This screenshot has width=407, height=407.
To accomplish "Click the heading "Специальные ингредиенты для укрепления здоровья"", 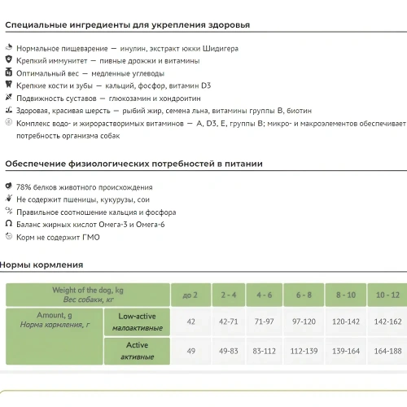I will (128, 25).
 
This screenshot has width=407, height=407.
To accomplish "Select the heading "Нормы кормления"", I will (42, 265).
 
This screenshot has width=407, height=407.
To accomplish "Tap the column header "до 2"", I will (190, 295).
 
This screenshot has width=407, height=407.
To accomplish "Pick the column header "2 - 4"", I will (228, 295).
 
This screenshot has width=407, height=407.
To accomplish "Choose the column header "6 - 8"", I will (304, 295).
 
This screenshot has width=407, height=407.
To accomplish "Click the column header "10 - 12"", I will (387, 295).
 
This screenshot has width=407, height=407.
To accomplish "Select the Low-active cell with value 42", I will (190, 322).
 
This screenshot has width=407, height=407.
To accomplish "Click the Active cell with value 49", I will (190, 351).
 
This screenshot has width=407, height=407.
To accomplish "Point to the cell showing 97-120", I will (304, 322).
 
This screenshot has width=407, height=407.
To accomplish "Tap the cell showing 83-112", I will (265, 351).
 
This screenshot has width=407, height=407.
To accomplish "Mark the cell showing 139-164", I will (345, 351).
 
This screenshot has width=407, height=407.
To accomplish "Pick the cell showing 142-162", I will (387, 322).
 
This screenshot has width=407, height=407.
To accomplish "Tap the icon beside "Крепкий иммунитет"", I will (8, 60).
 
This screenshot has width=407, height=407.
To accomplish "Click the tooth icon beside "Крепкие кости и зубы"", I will (8, 85).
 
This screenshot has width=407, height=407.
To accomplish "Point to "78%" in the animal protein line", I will (24, 187).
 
